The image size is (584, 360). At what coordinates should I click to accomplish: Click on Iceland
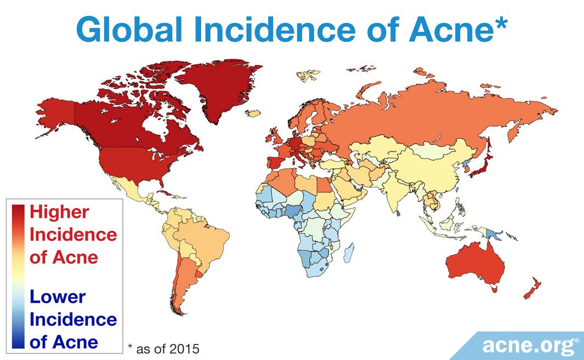pyautogui.click(x=253, y=114)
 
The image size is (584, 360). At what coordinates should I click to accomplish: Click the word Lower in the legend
pyautogui.click(x=58, y=297)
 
